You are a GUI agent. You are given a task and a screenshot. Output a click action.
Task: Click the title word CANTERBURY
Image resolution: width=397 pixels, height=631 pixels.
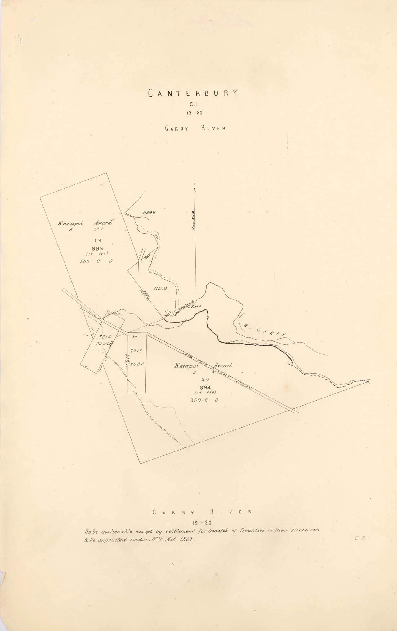click(x=193, y=93)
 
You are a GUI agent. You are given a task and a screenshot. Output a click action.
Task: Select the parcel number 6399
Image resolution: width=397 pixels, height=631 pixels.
click(x=149, y=213)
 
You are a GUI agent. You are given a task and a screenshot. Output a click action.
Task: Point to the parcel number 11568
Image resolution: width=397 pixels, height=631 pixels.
click(x=160, y=288)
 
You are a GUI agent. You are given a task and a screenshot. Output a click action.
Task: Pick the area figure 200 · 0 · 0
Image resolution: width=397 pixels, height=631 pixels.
click(x=96, y=261)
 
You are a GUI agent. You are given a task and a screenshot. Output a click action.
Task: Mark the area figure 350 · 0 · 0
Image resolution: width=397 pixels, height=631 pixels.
click(x=204, y=400)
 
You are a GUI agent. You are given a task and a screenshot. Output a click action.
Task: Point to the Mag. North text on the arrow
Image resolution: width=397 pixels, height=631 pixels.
click(x=193, y=220)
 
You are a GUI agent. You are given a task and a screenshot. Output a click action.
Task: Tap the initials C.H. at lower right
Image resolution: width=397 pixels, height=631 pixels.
click(x=360, y=538)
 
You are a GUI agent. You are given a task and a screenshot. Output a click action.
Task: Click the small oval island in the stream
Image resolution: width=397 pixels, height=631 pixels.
click(x=157, y=237)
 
